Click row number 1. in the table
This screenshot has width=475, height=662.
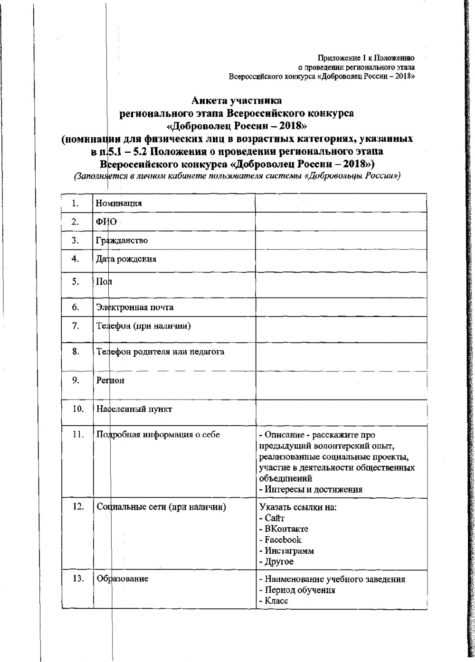(x=75, y=204)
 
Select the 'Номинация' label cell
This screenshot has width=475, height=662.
(x=119, y=204)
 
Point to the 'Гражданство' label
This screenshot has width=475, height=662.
(x=122, y=240)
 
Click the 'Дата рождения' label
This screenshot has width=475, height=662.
(x=126, y=259)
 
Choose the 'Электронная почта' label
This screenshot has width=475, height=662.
(x=135, y=307)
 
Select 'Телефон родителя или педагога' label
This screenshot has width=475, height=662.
(x=161, y=352)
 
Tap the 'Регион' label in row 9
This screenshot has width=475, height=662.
(x=110, y=380)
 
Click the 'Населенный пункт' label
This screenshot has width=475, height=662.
(x=134, y=409)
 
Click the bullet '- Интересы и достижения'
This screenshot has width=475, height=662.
(x=311, y=489)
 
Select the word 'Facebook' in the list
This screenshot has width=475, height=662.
(x=283, y=540)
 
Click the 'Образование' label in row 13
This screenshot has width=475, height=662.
(x=123, y=578)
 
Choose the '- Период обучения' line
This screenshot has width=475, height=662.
(x=297, y=590)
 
